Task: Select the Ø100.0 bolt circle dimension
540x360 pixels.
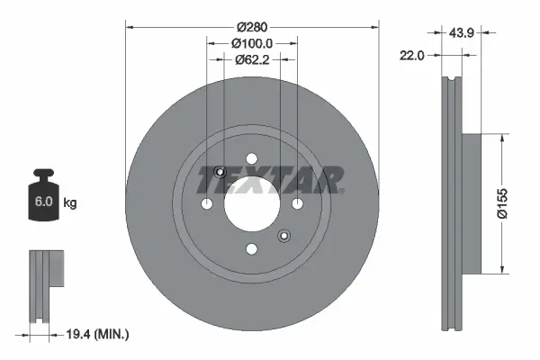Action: point(252,43)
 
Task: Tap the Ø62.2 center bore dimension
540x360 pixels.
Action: point(252,61)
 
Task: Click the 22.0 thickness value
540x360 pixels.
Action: point(412,55)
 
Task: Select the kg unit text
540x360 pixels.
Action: point(70,203)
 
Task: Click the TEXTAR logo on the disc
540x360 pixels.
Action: point(270,180)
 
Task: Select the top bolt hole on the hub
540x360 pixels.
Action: point(252,161)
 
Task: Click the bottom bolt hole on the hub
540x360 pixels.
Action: point(252,249)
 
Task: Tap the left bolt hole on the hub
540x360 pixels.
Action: point(208,205)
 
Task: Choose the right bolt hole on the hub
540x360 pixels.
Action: point(296,205)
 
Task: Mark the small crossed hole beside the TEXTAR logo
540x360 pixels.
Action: point(220,173)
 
